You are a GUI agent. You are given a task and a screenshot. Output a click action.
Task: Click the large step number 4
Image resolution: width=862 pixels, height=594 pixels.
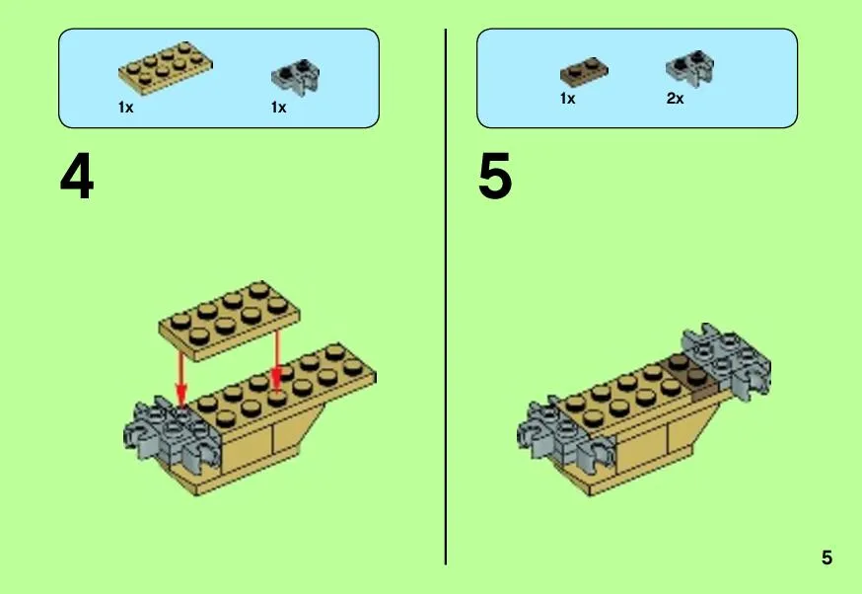click(77, 177)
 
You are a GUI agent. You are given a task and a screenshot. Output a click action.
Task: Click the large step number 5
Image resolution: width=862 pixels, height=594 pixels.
click(495, 177)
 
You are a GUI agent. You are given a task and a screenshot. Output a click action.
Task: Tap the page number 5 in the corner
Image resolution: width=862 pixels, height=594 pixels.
click(826, 557)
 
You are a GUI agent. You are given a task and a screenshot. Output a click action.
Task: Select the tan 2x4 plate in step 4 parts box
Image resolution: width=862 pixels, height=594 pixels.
click(166, 68)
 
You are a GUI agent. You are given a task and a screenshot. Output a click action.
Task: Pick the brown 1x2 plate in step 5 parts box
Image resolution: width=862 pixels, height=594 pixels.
click(584, 71)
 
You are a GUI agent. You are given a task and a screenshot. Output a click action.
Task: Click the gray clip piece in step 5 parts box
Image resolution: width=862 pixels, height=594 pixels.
click(690, 68)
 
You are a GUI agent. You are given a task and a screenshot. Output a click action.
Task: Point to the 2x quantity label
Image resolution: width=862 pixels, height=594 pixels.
click(675, 99)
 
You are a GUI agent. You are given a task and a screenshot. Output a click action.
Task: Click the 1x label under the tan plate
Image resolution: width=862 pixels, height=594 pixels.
click(126, 108)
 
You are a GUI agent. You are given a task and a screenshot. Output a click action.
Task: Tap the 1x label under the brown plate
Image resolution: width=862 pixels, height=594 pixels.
click(567, 99)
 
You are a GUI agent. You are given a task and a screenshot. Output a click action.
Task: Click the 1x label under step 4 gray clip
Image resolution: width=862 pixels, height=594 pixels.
click(279, 108)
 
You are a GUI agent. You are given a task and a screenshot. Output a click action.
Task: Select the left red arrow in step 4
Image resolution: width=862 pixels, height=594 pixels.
click(180, 378)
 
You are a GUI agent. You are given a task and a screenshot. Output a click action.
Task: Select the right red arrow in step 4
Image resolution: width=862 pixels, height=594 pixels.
click(276, 357)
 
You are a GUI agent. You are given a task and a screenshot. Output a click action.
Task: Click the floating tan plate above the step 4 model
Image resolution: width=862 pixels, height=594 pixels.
click(230, 321)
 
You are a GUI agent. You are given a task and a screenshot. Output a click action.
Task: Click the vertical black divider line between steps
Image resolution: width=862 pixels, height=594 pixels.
click(445, 297)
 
